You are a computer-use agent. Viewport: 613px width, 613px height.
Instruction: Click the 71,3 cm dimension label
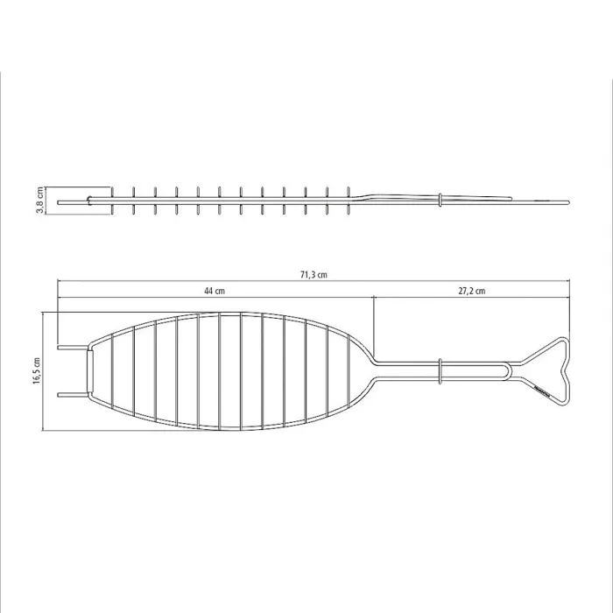point(314,275)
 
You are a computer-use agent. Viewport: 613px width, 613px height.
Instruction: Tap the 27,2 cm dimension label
point(472,291)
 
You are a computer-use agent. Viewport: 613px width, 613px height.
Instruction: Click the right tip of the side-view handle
point(567,204)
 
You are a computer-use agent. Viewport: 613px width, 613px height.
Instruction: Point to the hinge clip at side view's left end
point(90,201)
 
